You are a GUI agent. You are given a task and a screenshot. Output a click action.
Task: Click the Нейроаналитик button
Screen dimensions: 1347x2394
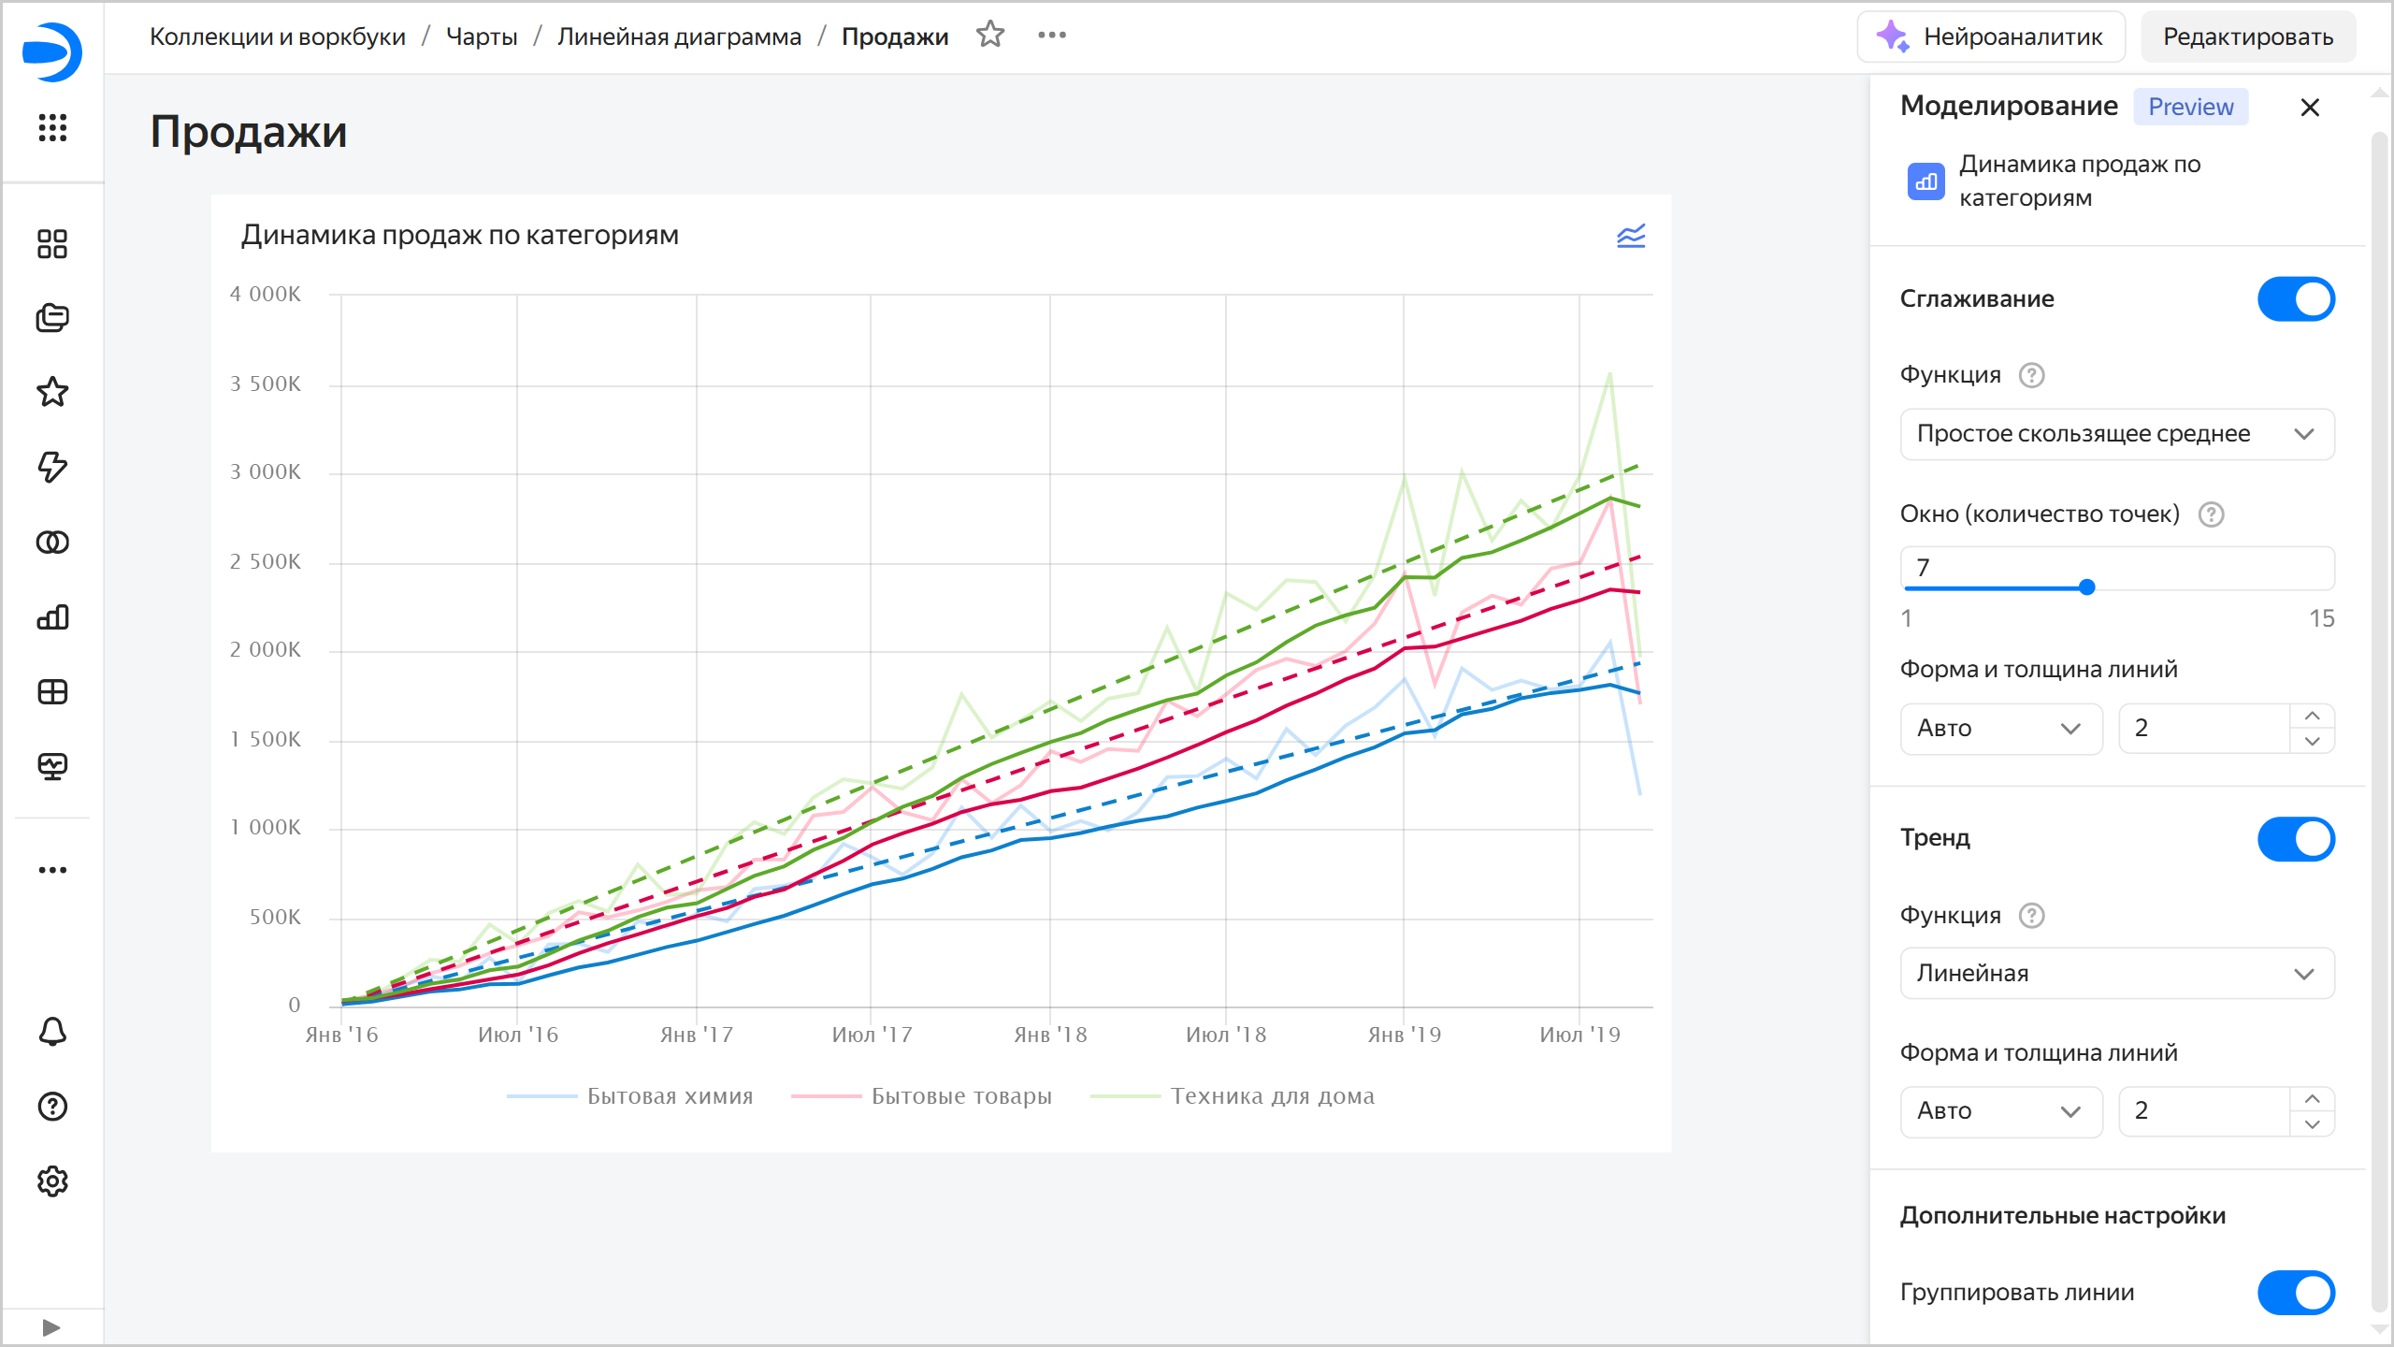tap(1991, 36)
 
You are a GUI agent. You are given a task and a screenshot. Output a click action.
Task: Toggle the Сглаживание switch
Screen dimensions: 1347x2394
tap(2296, 299)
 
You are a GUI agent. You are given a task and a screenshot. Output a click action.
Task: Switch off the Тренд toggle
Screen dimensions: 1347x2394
tap(2296, 839)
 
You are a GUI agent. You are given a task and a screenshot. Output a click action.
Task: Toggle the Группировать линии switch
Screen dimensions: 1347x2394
tap(2296, 1293)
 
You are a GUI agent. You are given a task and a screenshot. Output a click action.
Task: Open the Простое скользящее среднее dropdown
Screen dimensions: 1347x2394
tap(2117, 434)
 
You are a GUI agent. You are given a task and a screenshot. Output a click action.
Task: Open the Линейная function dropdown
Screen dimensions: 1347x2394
tap(2117, 974)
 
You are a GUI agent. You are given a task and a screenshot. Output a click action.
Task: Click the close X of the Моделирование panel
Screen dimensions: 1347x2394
tap(2310, 108)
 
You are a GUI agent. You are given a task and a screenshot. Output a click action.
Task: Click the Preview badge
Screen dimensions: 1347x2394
tap(2190, 108)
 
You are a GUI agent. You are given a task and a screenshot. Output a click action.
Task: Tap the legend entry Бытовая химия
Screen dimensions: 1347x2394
tap(670, 1096)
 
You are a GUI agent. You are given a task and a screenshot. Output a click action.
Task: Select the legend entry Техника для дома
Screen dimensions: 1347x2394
tap(1272, 1096)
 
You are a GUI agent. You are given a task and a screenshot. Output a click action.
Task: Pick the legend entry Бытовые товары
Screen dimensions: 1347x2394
tap(961, 1096)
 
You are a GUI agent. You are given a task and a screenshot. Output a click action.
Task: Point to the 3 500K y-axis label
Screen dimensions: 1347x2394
tap(266, 384)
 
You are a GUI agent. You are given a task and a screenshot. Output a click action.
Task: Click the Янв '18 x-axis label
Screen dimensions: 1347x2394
tap(1050, 1035)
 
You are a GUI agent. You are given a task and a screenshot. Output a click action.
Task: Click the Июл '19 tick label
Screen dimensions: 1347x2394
tap(1579, 1035)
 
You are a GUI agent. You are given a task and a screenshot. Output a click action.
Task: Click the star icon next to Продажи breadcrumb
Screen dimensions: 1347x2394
tap(990, 36)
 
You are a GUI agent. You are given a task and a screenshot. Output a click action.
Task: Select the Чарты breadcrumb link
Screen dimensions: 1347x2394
tap(482, 36)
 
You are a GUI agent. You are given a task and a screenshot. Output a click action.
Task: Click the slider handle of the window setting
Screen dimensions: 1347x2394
tap(2086, 587)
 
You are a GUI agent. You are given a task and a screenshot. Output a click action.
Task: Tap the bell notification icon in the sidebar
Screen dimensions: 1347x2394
tap(52, 1032)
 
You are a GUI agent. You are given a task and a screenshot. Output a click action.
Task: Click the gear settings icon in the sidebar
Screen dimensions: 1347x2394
tap(52, 1181)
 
